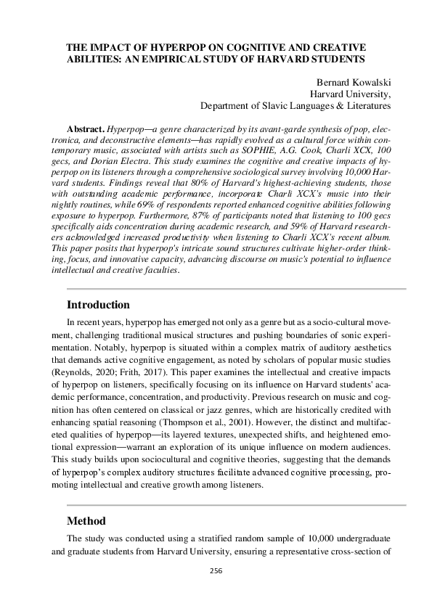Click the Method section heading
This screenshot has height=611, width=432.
pos(86,521)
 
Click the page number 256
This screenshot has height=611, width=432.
pos(216,571)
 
